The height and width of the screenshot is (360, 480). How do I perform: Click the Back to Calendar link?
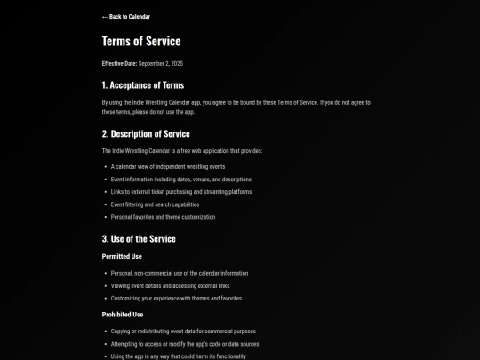[126, 17]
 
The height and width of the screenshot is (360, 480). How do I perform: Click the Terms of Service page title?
[141, 41]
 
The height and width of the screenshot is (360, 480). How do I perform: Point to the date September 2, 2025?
[161, 64]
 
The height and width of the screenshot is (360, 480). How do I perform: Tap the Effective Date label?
[119, 64]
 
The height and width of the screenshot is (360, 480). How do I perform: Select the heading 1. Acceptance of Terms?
[143, 85]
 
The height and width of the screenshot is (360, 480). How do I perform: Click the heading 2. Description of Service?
[146, 134]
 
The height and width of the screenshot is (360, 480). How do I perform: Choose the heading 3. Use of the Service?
[139, 239]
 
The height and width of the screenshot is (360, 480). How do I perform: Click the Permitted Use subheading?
[122, 257]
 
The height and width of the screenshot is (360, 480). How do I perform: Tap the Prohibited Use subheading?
[123, 315]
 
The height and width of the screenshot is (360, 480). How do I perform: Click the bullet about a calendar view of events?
[168, 167]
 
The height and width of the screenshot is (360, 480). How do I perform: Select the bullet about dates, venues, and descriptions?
[181, 180]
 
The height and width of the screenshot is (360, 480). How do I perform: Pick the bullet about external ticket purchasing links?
[181, 192]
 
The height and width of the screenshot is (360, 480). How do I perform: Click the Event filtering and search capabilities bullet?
[155, 204]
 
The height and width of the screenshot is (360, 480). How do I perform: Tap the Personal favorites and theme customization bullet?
[163, 217]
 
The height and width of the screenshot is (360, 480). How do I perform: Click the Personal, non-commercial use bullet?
[180, 274]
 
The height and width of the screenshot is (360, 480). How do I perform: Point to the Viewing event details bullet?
[170, 286]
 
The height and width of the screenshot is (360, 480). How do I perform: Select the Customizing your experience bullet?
[176, 299]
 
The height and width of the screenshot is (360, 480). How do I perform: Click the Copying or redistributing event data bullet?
[183, 332]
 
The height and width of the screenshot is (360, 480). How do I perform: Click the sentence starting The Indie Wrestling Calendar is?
[182, 151]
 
